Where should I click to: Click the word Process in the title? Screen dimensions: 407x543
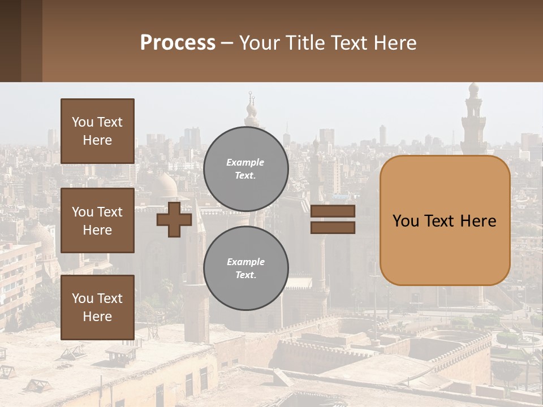tap(178, 43)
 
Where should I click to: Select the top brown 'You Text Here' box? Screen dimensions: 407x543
tap(97, 131)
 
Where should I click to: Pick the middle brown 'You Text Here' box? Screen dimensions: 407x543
tap(97, 220)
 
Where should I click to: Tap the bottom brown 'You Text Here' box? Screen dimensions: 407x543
tap(97, 308)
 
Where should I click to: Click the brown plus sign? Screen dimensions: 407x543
tap(174, 219)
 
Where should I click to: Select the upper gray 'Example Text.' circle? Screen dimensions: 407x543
tap(245, 168)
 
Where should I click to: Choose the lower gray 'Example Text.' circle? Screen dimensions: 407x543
tap(245, 268)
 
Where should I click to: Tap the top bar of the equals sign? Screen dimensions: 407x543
tap(333, 211)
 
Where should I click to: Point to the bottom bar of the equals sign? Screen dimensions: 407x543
tap(333, 227)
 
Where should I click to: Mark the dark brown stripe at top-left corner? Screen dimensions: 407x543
tap(10, 41)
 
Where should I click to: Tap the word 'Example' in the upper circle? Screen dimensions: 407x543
tap(245, 162)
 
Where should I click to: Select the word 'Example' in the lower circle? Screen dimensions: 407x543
tap(245, 262)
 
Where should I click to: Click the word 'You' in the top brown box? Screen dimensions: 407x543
tap(83, 122)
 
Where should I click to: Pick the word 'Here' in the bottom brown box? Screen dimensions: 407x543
tap(97, 317)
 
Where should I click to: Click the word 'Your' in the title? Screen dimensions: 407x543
tap(260, 43)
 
